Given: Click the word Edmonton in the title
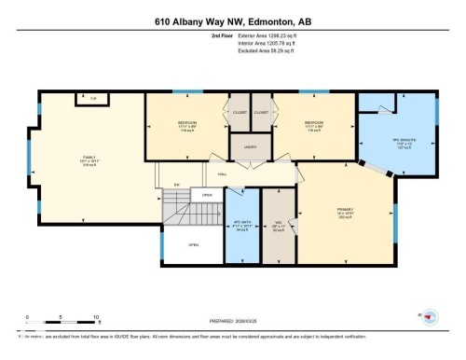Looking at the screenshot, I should click(x=271, y=20).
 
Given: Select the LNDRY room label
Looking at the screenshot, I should click(x=252, y=145).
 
